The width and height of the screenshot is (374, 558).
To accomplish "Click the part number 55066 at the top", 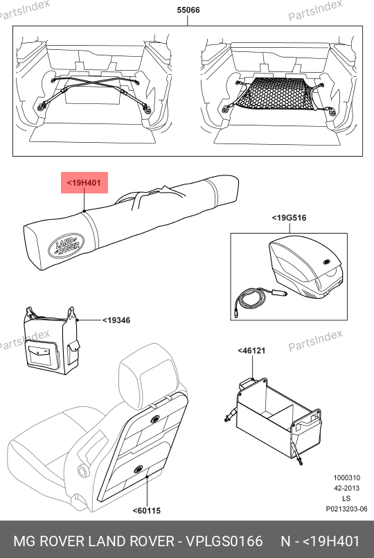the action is pyautogui.click(x=188, y=10).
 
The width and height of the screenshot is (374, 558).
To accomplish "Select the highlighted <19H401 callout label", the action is pyautogui.click(x=84, y=183).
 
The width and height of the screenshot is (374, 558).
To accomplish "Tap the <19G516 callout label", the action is pyautogui.click(x=289, y=218).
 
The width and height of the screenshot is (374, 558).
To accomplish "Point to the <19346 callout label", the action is pyautogui.click(x=116, y=320).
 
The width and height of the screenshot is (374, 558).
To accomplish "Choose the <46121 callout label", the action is pyautogui.click(x=251, y=351).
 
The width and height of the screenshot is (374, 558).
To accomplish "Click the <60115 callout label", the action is pyautogui.click(x=146, y=511).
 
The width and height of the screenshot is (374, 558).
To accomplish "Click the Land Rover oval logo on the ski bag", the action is pyautogui.click(x=66, y=245).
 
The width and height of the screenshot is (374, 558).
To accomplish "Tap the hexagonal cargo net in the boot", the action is pyautogui.click(x=277, y=94).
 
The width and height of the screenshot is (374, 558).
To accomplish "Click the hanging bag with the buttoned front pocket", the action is pyautogui.click(x=50, y=342).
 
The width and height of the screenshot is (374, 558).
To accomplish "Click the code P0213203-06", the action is pyautogui.click(x=346, y=509).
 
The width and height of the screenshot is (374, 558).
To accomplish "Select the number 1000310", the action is pyautogui.click(x=346, y=478).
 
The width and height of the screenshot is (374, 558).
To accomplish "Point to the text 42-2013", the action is pyautogui.click(x=346, y=488).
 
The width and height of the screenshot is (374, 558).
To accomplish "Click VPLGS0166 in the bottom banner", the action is pyautogui.click(x=224, y=541).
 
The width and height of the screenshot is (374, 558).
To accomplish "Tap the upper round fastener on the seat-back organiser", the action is pyautogui.click(x=155, y=419).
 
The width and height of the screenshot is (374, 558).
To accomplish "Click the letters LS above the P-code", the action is pyautogui.click(x=346, y=498).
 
